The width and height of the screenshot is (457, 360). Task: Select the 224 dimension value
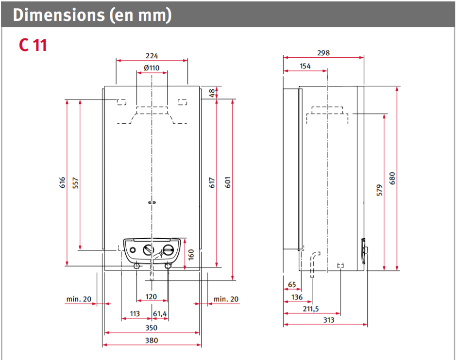(152, 56)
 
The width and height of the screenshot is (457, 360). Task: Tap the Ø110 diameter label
(152, 68)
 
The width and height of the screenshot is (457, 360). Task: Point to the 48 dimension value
(212, 93)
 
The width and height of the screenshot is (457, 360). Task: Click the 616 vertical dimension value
(63, 183)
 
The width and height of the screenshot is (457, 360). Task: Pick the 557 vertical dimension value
(76, 183)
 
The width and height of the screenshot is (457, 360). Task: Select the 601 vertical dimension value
(227, 183)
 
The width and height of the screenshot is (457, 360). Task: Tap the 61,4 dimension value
(160, 314)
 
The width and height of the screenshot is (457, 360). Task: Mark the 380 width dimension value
(152, 341)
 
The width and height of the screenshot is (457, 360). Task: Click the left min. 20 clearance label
(79, 299)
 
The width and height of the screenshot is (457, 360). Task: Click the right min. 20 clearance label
(226, 299)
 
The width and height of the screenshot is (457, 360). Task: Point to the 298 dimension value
(323, 53)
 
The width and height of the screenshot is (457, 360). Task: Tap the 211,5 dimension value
(310, 309)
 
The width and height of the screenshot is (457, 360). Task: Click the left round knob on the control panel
(147, 251)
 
